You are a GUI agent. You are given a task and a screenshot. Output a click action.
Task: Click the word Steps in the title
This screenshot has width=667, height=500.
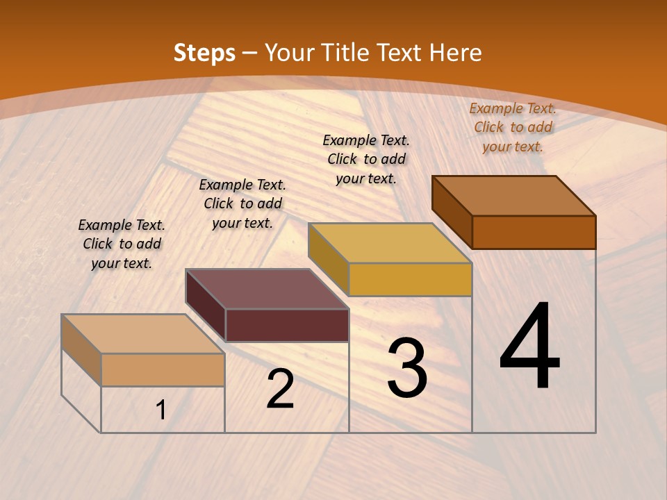(x=204, y=53)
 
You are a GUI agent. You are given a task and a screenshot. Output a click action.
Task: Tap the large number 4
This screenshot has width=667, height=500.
(x=529, y=347)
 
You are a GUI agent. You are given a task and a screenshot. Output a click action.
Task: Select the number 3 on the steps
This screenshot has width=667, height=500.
(x=406, y=368)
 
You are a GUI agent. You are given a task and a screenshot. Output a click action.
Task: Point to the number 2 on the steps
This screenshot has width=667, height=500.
(x=280, y=390)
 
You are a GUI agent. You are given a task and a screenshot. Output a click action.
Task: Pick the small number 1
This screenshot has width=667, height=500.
(x=161, y=410)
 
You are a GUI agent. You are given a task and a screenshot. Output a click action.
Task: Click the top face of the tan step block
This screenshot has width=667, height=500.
(x=143, y=334)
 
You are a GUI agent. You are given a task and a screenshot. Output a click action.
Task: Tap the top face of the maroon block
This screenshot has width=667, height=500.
(x=267, y=289)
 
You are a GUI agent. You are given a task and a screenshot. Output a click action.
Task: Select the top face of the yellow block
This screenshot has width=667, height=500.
(x=390, y=243)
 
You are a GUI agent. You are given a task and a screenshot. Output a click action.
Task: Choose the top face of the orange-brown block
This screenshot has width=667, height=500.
(x=514, y=196)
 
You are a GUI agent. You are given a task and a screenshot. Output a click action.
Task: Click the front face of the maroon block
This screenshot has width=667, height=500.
(x=287, y=325)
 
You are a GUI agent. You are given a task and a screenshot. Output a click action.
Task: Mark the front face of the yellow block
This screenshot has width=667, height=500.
(x=410, y=279)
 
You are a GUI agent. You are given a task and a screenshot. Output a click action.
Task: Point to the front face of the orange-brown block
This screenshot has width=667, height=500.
(x=534, y=232)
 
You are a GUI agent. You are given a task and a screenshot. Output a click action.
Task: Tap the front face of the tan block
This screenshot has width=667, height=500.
(x=163, y=369)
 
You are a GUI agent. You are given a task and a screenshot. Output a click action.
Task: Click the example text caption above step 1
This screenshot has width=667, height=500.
(x=122, y=244)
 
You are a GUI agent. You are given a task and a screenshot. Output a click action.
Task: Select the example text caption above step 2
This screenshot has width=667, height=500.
(x=242, y=203)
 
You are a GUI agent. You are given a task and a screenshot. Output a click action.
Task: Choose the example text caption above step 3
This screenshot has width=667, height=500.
(x=366, y=159)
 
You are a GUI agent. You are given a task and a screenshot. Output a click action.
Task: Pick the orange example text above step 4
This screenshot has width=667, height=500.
(x=513, y=127)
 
